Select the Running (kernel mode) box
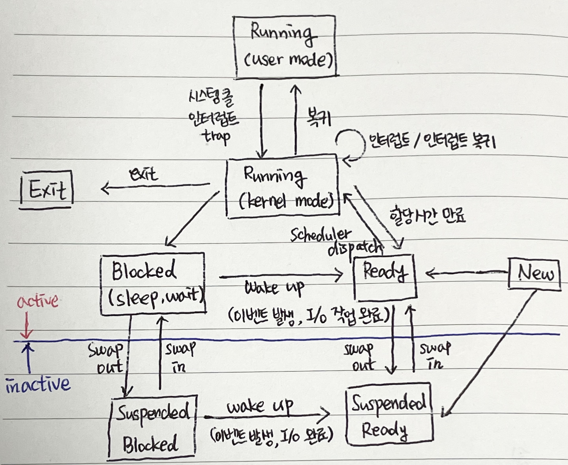[283, 187]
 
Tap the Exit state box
[47, 190]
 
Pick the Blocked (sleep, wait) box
[153, 284]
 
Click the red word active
[37, 301]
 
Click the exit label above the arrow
[143, 175]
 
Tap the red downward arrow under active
[27, 326]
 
